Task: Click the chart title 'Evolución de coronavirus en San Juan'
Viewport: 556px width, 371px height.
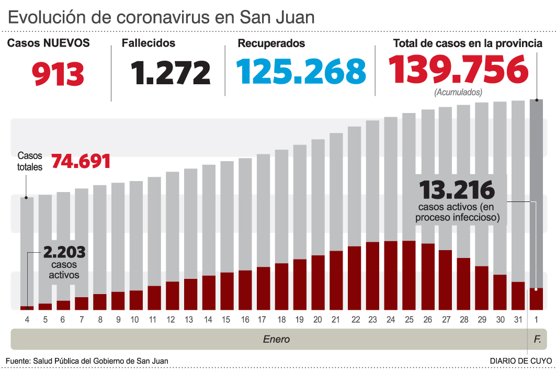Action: pyautogui.click(x=161, y=17)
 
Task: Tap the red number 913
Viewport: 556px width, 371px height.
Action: pyautogui.click(x=58, y=74)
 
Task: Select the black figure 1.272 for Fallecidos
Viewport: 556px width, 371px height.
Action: pyautogui.click(x=171, y=73)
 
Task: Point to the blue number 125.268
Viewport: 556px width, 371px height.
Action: pyautogui.click(x=301, y=72)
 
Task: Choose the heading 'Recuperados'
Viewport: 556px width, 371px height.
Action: pyautogui.click(x=271, y=44)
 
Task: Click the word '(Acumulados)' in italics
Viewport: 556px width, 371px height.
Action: pyautogui.click(x=458, y=92)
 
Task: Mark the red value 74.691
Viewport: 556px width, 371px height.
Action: pyautogui.click(x=81, y=161)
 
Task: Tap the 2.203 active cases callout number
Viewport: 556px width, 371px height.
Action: pyautogui.click(x=64, y=253)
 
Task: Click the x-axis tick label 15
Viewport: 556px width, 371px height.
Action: pyautogui.click(x=225, y=319)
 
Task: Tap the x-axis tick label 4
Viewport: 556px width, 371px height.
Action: pyautogui.click(x=27, y=319)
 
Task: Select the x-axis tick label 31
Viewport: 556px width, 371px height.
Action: pyautogui.click(x=517, y=319)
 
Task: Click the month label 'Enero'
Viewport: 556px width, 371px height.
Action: pyautogui.click(x=276, y=339)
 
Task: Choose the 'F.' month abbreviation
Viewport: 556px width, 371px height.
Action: pyautogui.click(x=537, y=339)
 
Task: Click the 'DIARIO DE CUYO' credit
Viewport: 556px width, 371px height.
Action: pyautogui.click(x=520, y=361)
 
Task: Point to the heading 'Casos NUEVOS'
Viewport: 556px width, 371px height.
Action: pyautogui.click(x=48, y=43)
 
